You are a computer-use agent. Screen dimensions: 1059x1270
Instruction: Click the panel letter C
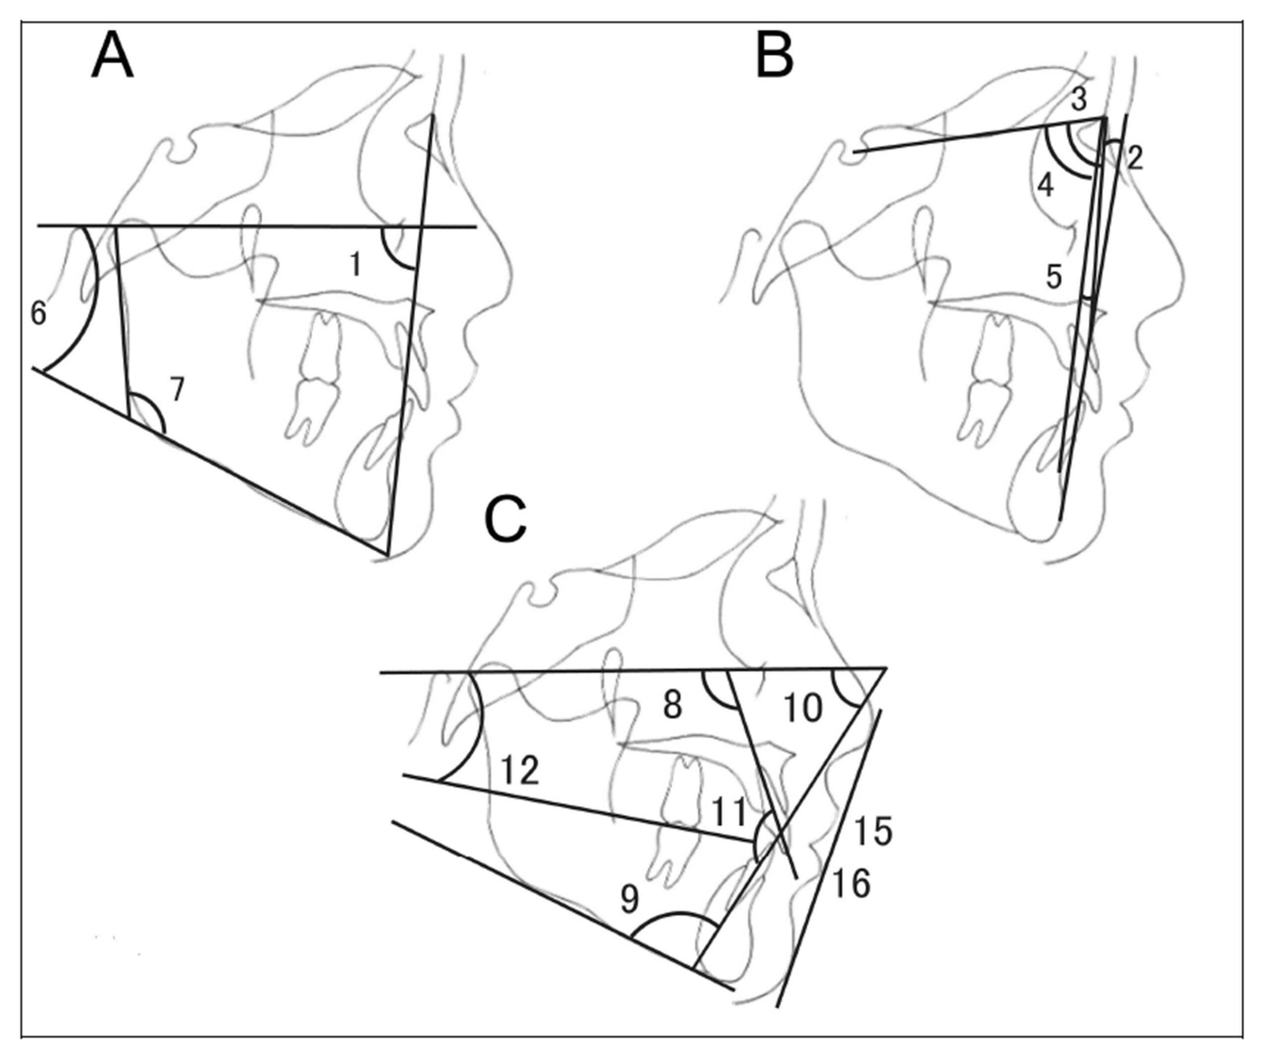[506, 522]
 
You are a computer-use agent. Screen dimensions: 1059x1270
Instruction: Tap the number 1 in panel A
[356, 265]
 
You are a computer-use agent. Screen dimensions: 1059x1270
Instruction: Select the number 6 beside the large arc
[38, 313]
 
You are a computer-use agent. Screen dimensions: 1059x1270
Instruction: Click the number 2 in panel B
[1135, 158]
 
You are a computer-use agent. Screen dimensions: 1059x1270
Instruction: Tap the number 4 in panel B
[1045, 186]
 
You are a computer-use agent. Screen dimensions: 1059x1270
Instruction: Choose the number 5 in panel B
[1054, 277]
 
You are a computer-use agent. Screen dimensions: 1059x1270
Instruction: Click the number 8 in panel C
[673, 705]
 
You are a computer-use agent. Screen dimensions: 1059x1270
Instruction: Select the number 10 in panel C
[803, 707]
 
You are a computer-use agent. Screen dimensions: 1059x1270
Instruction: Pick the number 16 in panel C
[851, 884]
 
